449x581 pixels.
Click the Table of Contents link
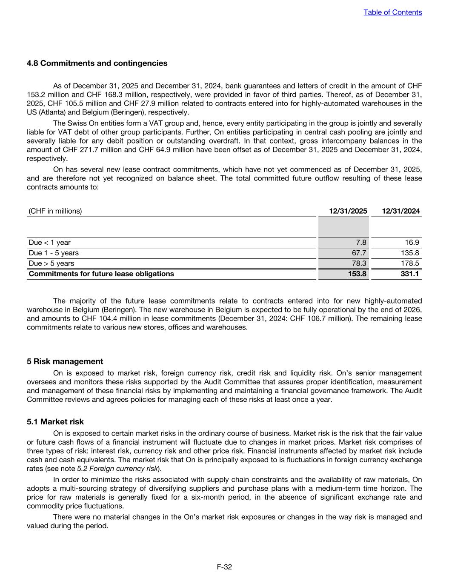click(392, 12)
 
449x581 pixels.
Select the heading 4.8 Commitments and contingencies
click(97, 63)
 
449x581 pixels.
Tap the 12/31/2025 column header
click(348, 211)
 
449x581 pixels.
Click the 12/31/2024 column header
click(400, 211)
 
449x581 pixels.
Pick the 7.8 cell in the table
click(360, 243)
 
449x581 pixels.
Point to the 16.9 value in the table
click(412, 243)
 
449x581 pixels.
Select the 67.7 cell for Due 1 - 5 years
click(359, 253)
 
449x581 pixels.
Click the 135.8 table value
click(410, 253)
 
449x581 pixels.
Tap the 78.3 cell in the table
click(359, 263)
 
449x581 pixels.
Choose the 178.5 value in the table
click(410, 263)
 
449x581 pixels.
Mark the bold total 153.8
click(357, 274)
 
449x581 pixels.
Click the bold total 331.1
click(409, 274)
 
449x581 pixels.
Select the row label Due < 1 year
click(49, 243)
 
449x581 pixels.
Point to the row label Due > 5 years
click(51, 263)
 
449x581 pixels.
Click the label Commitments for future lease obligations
click(101, 274)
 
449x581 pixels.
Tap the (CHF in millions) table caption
click(55, 211)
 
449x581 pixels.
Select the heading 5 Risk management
click(65, 361)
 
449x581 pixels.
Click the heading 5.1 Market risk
click(55, 422)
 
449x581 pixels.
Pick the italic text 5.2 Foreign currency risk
click(117, 469)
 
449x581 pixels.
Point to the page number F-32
click(224, 567)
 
